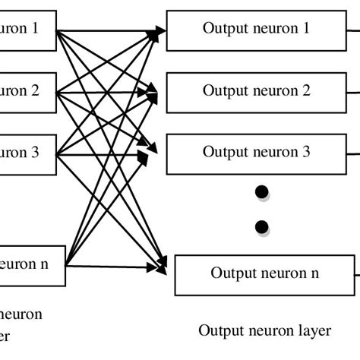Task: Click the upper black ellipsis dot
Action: pos(262,194)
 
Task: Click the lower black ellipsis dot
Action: pos(262,226)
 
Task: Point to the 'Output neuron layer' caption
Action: pos(264,330)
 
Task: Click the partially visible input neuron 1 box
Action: pos(27,30)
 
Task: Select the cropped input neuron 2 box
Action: pos(27,91)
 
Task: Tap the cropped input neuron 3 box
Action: pos(27,152)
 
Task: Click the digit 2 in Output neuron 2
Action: pos(306,91)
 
